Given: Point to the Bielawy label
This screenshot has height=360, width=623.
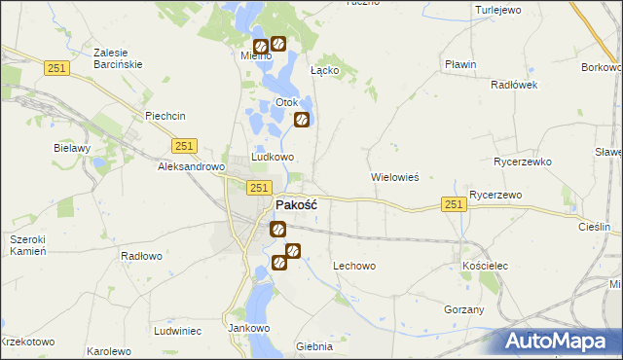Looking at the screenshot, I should (72, 148).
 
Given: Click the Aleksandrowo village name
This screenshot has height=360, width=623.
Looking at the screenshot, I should (192, 166).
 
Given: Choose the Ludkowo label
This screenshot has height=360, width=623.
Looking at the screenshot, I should (273, 157).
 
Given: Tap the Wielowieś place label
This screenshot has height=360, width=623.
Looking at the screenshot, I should (395, 178).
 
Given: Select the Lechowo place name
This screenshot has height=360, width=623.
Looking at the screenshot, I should (354, 266).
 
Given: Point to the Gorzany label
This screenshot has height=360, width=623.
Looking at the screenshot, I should (464, 308).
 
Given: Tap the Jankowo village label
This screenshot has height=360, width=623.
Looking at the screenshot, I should (248, 328).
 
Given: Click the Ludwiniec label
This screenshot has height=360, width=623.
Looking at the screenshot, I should (177, 331).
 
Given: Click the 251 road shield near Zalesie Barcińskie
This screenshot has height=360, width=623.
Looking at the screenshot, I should (55, 65).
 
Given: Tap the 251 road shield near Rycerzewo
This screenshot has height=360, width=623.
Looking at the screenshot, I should (453, 203).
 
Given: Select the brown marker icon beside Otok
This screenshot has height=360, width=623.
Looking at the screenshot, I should (302, 120).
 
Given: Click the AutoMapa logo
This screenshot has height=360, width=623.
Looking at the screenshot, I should (563, 342).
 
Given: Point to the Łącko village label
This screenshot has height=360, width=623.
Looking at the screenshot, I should (324, 70).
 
